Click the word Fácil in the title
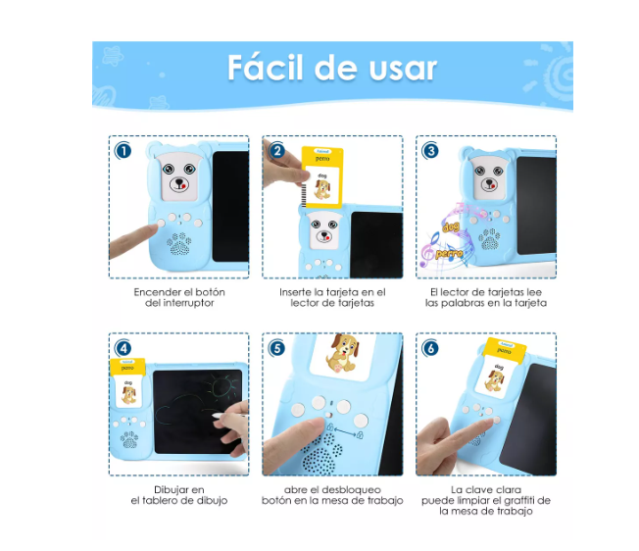[x=269, y=68]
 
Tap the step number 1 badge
[x=123, y=151]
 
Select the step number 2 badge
[x=277, y=151]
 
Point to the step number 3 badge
[x=430, y=151]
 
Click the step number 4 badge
[x=123, y=348]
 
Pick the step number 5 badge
[x=277, y=348]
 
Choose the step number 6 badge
[x=430, y=348]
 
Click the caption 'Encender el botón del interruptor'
[x=179, y=298]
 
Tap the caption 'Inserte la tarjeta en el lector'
[x=332, y=298]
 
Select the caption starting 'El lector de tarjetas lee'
[x=486, y=298]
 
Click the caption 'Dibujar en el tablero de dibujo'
[x=179, y=495]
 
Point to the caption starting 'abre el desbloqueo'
[x=332, y=495]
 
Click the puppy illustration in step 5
[x=342, y=359]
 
